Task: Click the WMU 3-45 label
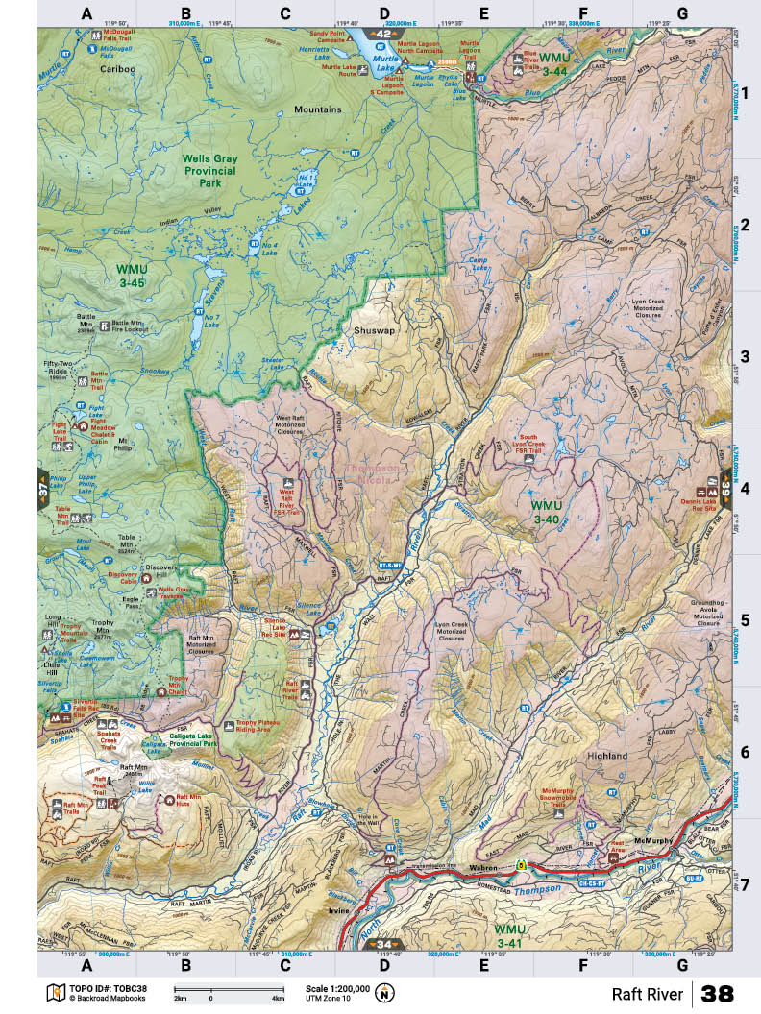point(131,277)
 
